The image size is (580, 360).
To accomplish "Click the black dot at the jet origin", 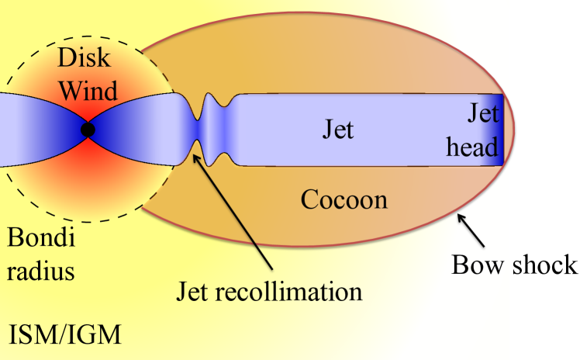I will (88, 130).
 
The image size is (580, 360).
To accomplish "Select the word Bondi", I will (39, 238).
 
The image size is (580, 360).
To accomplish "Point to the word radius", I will (39, 271).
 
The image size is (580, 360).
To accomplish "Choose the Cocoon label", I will (344, 200).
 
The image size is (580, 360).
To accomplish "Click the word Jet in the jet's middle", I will (338, 129).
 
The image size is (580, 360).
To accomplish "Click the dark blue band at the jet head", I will (497, 130).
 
